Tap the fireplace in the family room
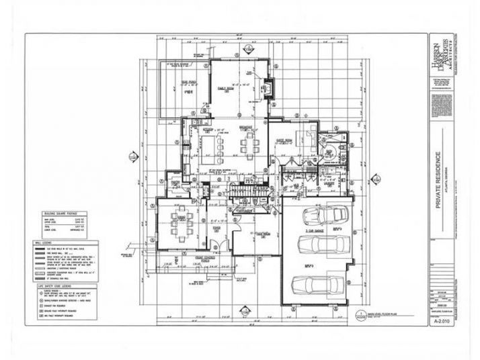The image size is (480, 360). pyautogui.click(x=270, y=87)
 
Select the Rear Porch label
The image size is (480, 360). pyautogui.click(x=177, y=83)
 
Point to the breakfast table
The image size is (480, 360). pyautogui.click(x=250, y=143)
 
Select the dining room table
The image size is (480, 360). pyautogui.click(x=180, y=221)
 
